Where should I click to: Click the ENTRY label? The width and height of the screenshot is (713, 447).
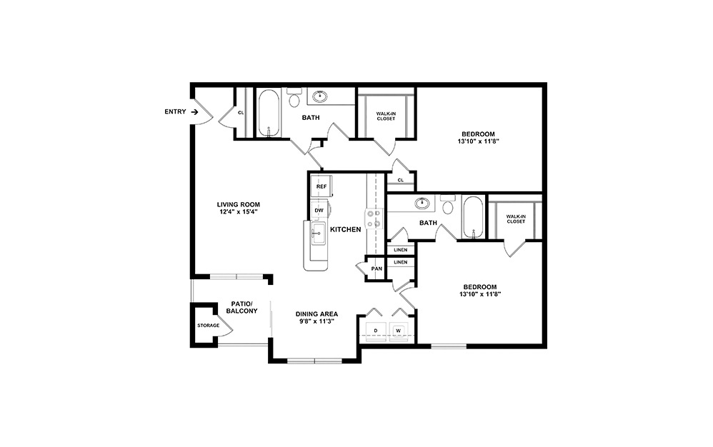click(175, 111)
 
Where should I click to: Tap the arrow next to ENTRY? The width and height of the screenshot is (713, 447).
click(194, 111)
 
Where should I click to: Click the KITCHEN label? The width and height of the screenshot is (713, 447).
click(345, 229)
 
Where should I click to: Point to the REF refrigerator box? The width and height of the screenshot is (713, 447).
click(321, 186)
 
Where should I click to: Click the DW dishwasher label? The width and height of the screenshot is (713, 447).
click(319, 211)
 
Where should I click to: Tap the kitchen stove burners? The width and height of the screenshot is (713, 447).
click(373, 219)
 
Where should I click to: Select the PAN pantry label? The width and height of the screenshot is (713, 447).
click(376, 268)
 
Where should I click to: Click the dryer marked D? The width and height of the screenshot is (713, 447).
click(374, 331)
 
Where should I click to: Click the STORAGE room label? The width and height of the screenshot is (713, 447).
click(208, 326)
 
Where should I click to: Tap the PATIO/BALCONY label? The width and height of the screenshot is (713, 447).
click(241, 307)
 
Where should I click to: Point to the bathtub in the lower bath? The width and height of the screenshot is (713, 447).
click(473, 217)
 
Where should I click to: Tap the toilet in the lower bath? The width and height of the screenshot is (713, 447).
click(448, 207)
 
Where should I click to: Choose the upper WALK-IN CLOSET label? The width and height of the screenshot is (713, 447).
click(386, 115)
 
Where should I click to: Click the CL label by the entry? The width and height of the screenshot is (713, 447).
click(241, 113)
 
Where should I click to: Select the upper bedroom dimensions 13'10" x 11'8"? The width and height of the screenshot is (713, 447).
click(477, 141)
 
